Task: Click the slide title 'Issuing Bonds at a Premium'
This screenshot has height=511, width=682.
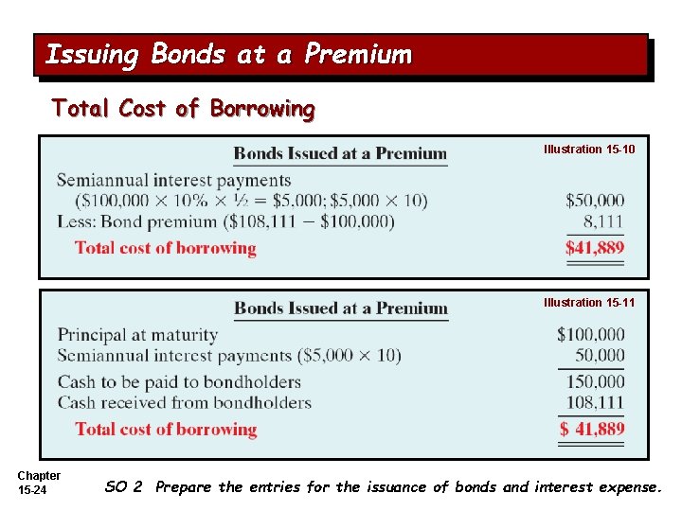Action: [x=228, y=55]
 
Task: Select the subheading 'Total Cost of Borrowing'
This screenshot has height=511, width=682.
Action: [x=183, y=109]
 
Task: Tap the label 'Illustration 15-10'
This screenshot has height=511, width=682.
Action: [x=589, y=150]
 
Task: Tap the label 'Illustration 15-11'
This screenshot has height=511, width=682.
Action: [x=589, y=303]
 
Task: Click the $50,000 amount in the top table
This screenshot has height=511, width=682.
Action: [x=595, y=201]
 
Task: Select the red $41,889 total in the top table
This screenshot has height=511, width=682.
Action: [x=595, y=248]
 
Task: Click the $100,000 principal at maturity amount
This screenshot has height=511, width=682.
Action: [x=591, y=334]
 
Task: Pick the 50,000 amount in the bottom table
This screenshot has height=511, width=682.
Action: [x=600, y=356]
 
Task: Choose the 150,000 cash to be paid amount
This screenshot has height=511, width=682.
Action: [x=596, y=381]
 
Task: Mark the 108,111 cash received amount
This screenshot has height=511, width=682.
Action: [x=596, y=403]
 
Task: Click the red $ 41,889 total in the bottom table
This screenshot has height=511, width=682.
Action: [x=591, y=429]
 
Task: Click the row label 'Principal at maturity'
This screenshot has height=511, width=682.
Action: [x=137, y=335]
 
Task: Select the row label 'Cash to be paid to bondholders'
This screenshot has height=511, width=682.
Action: [x=179, y=382]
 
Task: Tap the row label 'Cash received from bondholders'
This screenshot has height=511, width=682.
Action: [x=184, y=403]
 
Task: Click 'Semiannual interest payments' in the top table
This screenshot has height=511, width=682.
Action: [x=173, y=180]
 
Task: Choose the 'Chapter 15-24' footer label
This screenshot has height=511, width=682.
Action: [x=39, y=483]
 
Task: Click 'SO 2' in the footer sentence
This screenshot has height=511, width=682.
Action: [x=123, y=487]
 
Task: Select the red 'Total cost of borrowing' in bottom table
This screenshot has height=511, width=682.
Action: [x=166, y=429]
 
